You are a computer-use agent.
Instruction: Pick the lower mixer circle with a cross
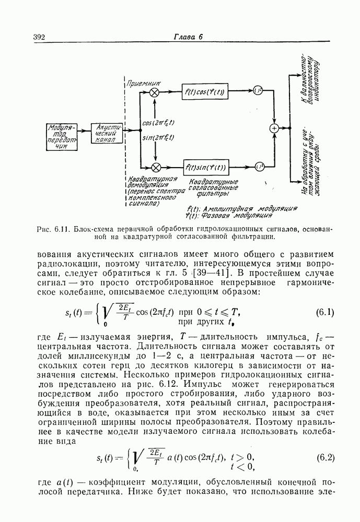tap(155, 168)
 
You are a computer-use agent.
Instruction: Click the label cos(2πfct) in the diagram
tap(158, 123)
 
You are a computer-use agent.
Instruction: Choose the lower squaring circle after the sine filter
tap(258, 167)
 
